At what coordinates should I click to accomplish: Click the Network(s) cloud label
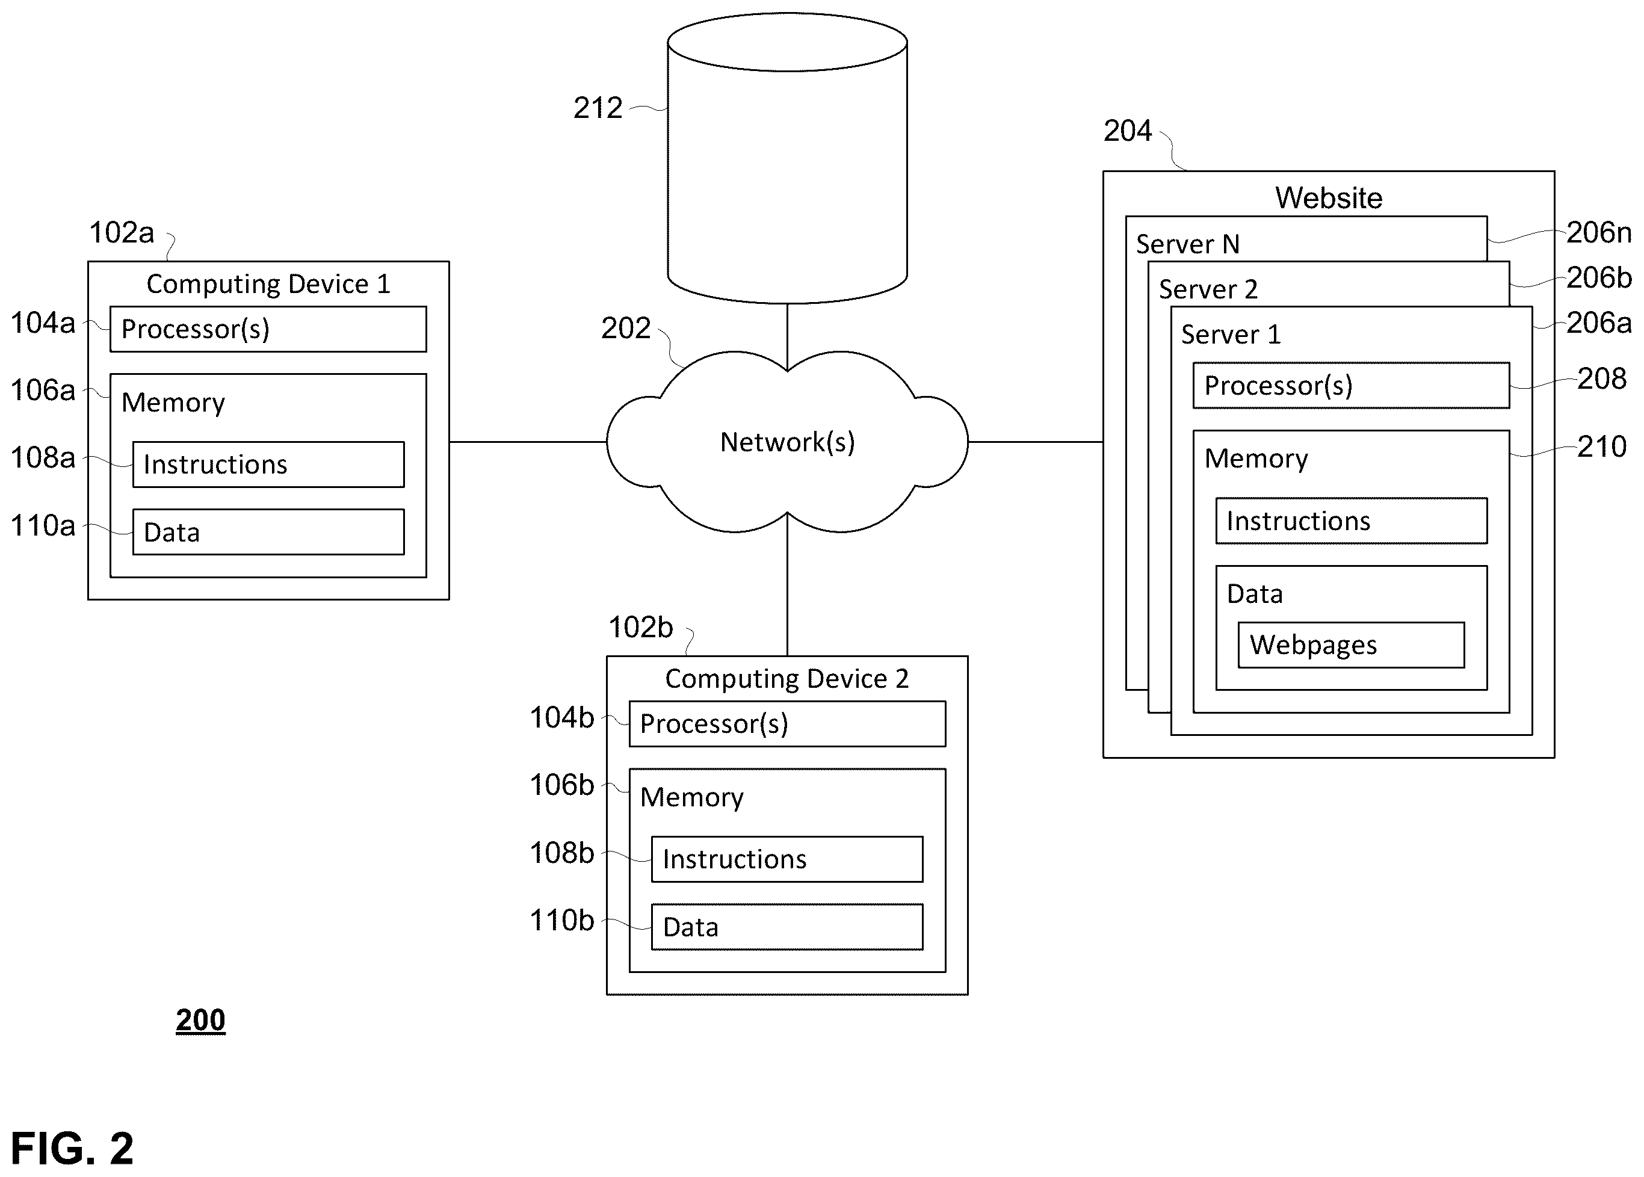pyautogui.click(x=787, y=442)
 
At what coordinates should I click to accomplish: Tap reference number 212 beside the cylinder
pyautogui.click(x=598, y=108)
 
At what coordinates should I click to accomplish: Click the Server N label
pyautogui.click(x=1187, y=244)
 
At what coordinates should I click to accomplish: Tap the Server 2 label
pyautogui.click(x=1208, y=289)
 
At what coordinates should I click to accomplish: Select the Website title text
pyautogui.click(x=1329, y=198)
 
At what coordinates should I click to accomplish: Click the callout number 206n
pyautogui.click(x=1599, y=233)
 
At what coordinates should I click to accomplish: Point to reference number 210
pyautogui.click(x=1602, y=446)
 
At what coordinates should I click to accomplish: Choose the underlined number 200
pyautogui.click(x=201, y=1020)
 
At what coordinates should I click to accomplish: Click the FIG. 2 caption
pyautogui.click(x=72, y=1148)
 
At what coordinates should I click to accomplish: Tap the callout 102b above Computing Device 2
pyautogui.click(x=641, y=628)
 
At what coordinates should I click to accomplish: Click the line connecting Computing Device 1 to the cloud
pyautogui.click(x=528, y=442)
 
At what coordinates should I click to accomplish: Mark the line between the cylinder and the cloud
pyautogui.click(x=787, y=337)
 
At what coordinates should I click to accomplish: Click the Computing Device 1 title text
pyautogui.click(x=268, y=284)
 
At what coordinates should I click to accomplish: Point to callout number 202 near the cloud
pyautogui.click(x=626, y=329)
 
